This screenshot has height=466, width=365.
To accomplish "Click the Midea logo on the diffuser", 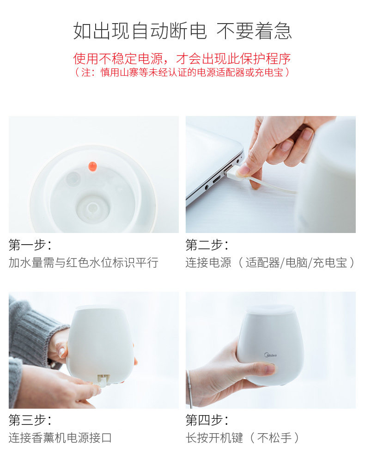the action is click(x=270, y=355).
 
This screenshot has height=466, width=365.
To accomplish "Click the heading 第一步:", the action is click(x=30, y=245).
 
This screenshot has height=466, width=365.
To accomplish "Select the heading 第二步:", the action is click(x=207, y=245).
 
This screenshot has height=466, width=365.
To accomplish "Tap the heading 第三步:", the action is click(x=30, y=420).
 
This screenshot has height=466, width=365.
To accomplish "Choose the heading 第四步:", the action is click(x=207, y=420).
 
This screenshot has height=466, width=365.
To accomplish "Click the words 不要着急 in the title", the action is click(x=254, y=31).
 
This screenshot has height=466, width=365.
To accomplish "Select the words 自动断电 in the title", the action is click(x=169, y=31).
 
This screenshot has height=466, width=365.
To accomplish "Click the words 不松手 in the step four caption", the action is click(x=274, y=438).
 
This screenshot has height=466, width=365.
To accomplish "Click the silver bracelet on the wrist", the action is click(x=189, y=389).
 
